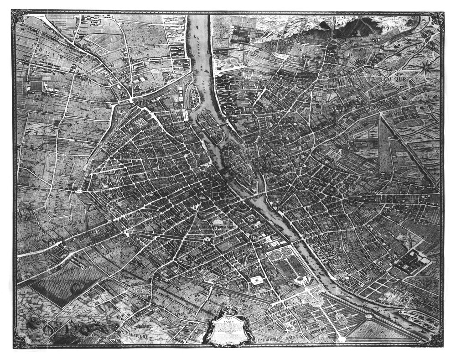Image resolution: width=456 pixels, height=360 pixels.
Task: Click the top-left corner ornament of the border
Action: click(20, 18)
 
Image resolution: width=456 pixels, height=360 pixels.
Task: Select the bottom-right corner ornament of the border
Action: click(436, 340)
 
